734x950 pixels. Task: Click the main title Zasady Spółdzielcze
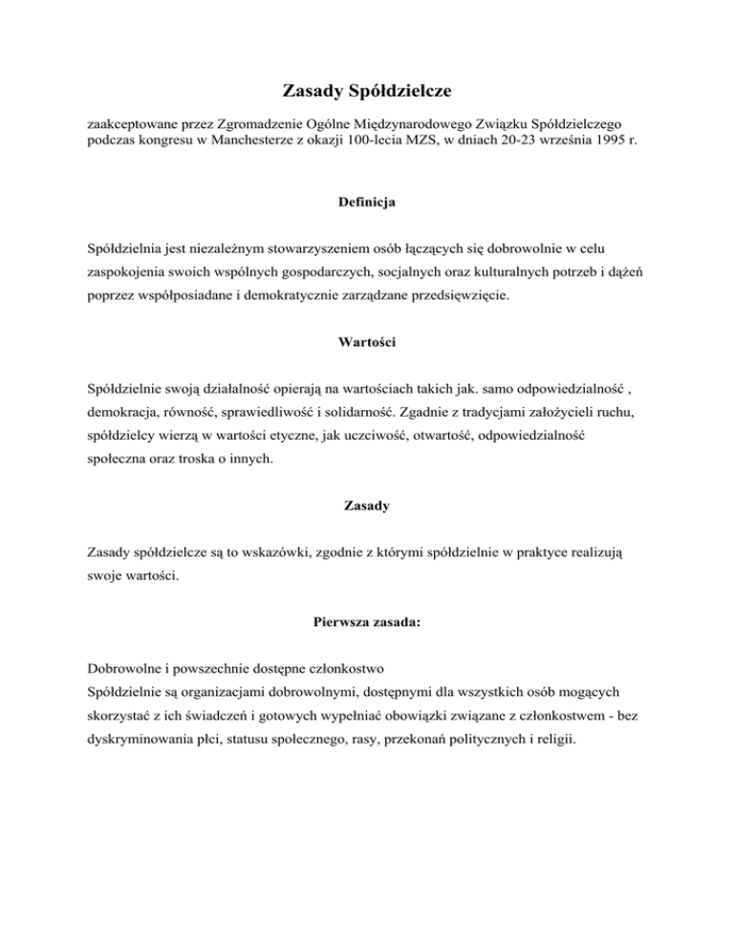pyautogui.click(x=367, y=92)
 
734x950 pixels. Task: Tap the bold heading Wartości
pyautogui.click(x=367, y=340)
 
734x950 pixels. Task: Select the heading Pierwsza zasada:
pyautogui.click(x=367, y=626)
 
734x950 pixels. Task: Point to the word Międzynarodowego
pyautogui.click(x=418, y=124)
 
